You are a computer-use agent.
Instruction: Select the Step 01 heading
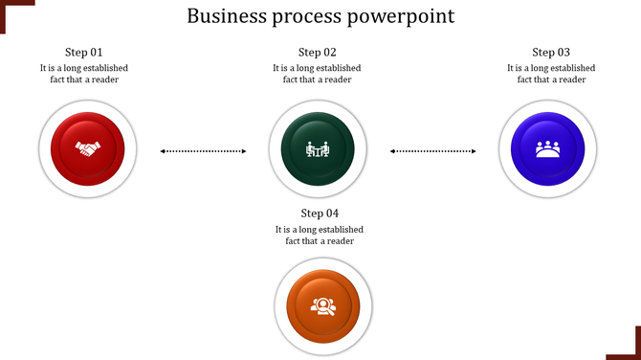(84, 52)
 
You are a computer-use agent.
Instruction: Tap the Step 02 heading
(318, 52)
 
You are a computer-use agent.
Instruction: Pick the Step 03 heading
(551, 52)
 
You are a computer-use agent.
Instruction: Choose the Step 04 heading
(320, 213)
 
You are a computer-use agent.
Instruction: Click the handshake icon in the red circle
(88, 149)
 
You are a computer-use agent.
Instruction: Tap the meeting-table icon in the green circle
(317, 149)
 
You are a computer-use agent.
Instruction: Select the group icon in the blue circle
(548, 149)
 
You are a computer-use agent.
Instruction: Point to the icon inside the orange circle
(320, 306)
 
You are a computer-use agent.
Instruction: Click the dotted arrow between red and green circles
(203, 150)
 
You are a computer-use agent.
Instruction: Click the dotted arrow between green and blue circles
(433, 150)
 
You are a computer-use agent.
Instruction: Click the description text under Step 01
(84, 74)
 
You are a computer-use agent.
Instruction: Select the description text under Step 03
(551, 74)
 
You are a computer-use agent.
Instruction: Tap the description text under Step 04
(320, 235)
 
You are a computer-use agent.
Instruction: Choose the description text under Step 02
(318, 74)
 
